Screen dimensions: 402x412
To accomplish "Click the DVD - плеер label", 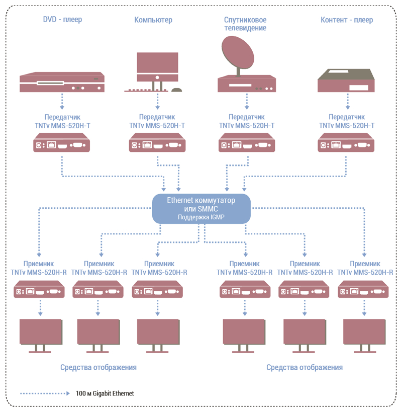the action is (62, 20).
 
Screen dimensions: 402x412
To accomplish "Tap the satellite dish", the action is (238, 52).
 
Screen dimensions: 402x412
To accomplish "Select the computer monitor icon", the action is (157, 67).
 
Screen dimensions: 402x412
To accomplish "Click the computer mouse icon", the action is (176, 90).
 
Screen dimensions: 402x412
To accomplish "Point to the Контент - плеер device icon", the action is (346, 80).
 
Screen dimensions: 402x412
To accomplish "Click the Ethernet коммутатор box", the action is (202, 209).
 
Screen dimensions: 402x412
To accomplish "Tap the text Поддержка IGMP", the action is (202, 217).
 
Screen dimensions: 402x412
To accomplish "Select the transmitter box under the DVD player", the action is (62, 142).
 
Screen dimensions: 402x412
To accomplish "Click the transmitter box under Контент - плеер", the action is (346, 142).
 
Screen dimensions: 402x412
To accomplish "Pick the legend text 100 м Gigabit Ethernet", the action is (105, 393).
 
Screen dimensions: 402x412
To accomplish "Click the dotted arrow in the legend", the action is (45, 393).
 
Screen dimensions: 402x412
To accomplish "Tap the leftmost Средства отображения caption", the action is (98, 367).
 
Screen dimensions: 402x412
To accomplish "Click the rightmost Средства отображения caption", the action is (305, 367).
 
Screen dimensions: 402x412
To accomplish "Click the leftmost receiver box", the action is (39, 289).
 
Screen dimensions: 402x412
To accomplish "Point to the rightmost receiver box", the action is (363, 289).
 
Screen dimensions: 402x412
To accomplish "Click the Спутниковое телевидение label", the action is (245, 24).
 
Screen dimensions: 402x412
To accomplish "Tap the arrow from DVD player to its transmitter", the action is (62, 101).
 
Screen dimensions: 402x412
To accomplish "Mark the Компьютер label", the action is (153, 20).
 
